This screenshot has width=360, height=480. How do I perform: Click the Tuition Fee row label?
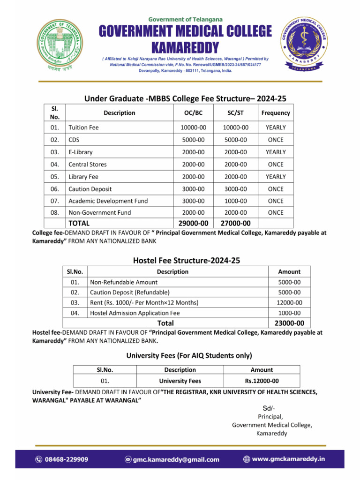83,127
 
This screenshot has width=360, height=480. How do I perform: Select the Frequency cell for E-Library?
275,152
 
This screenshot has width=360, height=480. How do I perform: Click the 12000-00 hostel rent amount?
289,303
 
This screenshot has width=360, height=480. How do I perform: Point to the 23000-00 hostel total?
289,323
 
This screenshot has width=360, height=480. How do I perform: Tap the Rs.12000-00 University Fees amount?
262,381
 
